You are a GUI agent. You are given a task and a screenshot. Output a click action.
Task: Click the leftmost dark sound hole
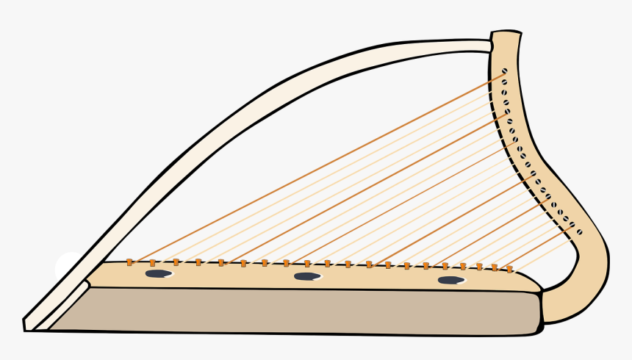tap(158, 274)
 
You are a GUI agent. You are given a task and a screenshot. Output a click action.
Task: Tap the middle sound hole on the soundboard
tap(306, 276)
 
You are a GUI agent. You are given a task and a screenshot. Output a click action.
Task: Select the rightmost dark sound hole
tap(450, 280)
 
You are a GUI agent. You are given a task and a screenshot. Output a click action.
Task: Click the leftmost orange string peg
tap(129, 262)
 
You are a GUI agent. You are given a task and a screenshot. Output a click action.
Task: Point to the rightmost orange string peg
tap(509, 269)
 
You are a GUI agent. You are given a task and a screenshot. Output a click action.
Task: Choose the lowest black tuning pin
tap(579, 231)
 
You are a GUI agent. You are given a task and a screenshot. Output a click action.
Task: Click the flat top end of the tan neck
tap(506, 33)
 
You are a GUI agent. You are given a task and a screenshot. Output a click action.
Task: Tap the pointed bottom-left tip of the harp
tap(26, 324)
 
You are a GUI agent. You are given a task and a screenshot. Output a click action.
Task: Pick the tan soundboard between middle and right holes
tap(378, 278)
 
